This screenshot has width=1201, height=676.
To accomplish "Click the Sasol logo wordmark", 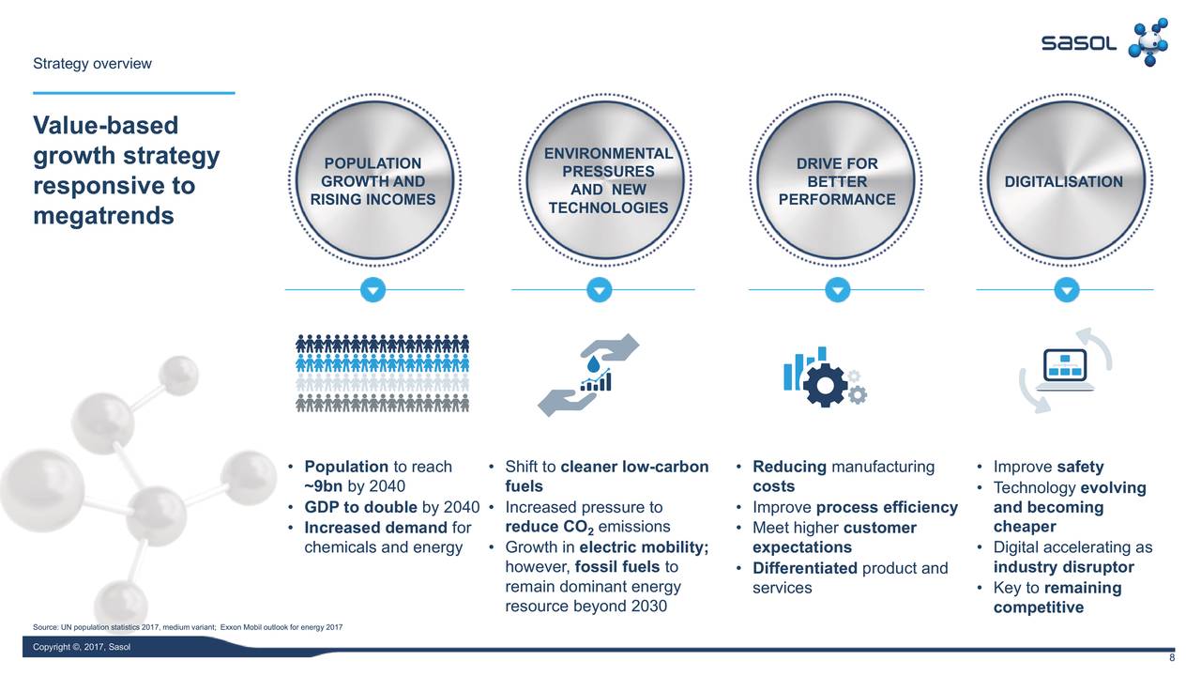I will [x=1079, y=44].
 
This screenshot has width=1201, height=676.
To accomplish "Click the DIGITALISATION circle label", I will [x=1063, y=182].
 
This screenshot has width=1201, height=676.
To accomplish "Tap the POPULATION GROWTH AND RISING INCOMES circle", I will [x=372, y=182].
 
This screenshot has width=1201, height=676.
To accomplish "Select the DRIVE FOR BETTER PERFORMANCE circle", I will [x=836, y=182].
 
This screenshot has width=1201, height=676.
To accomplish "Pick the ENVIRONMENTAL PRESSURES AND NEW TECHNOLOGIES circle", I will [x=608, y=180].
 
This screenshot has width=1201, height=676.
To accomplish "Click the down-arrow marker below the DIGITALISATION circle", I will [x=1066, y=290].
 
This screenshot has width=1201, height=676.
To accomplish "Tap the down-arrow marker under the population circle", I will [x=373, y=290].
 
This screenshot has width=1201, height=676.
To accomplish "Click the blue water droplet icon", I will [x=593, y=363].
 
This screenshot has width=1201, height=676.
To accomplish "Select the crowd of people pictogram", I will [x=383, y=373].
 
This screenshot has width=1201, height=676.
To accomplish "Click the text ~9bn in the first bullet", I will [x=324, y=486].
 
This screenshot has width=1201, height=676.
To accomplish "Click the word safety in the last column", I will [x=1080, y=467].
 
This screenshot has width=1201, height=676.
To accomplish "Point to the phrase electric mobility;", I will [x=644, y=547].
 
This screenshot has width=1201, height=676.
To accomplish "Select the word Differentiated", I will [x=804, y=568].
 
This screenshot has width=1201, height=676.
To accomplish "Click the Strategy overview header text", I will [x=92, y=64].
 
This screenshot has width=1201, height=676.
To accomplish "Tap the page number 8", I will [x=1171, y=658].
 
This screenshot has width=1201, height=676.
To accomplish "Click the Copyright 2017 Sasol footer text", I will [x=82, y=647].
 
